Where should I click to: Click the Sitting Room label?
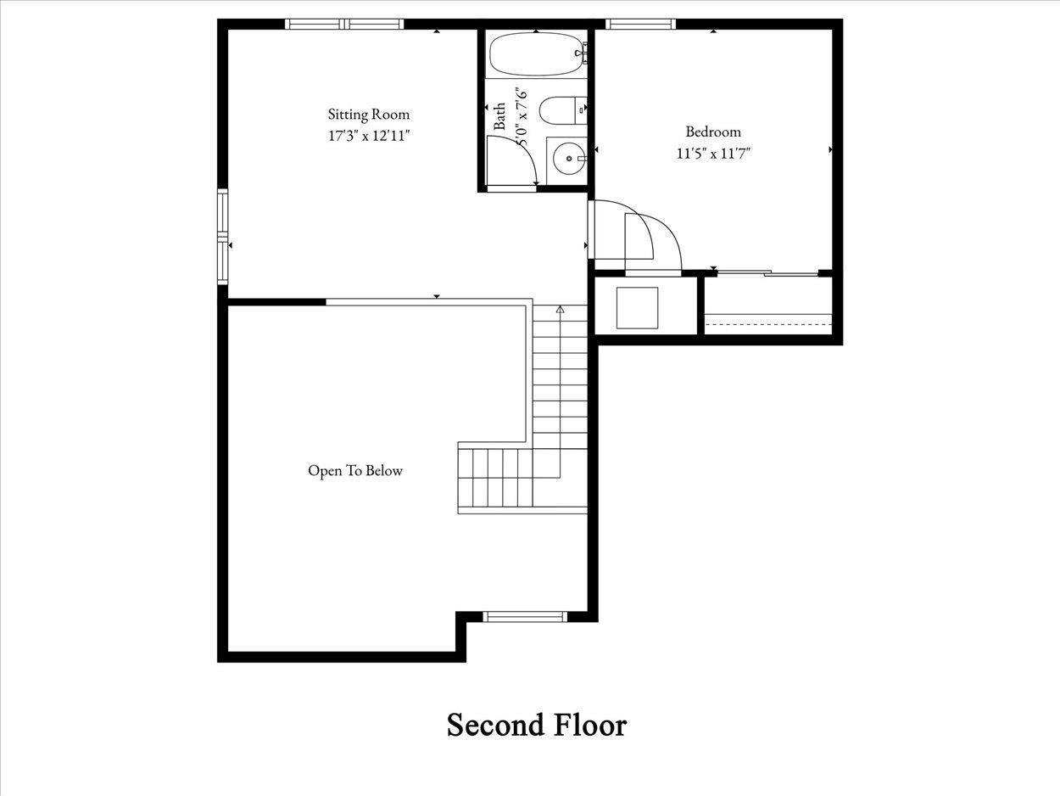(x=369, y=115)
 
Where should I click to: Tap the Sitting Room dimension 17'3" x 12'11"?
(x=369, y=136)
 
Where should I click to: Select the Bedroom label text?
(x=713, y=132)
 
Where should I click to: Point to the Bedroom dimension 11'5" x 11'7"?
(x=713, y=154)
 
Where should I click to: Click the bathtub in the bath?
(x=536, y=53)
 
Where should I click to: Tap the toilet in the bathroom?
(x=562, y=110)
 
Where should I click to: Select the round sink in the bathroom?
(x=569, y=158)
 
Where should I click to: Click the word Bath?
(x=499, y=116)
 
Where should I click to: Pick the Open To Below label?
(x=355, y=471)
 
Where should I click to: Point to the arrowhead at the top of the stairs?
(x=561, y=309)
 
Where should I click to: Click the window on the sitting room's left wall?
(x=223, y=237)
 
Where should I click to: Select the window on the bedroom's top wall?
(x=640, y=24)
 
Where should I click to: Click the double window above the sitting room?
(x=344, y=24)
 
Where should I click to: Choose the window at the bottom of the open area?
(x=525, y=616)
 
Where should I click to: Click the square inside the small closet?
(x=638, y=308)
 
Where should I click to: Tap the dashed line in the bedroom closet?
(x=769, y=324)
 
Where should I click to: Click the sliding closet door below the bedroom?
(x=767, y=273)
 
